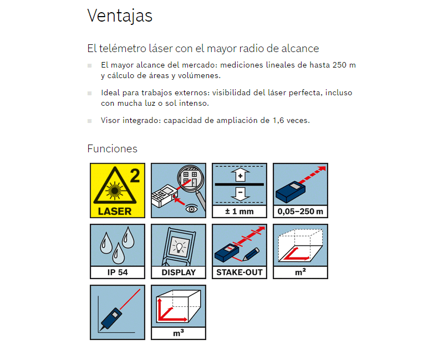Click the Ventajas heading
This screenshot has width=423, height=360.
(120, 16)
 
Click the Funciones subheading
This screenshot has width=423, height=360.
(112, 149)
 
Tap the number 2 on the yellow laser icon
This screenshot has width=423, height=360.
(135, 176)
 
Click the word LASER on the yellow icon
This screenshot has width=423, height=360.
(115, 211)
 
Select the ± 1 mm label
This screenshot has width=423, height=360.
(239, 212)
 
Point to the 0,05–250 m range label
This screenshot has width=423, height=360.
(300, 212)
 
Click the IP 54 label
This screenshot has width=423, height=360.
(118, 272)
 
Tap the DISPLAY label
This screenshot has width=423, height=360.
(179, 272)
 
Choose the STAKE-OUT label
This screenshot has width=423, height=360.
(239, 272)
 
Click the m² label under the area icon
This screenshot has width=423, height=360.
(300, 272)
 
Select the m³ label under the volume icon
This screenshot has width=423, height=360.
(179, 333)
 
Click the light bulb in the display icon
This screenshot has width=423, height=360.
(179, 247)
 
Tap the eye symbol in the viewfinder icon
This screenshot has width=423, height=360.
(191, 209)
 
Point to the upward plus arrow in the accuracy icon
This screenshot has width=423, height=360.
(241, 175)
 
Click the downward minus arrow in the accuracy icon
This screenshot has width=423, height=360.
(241, 194)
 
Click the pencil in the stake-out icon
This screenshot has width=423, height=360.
(251, 254)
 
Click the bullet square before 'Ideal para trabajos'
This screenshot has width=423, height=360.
(90, 93)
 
